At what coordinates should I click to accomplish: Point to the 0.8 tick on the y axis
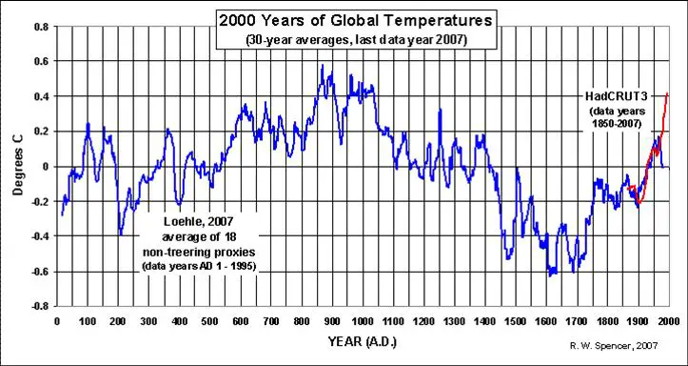pyautogui.click(x=43, y=27)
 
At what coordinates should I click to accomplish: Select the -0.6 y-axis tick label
pyautogui.click(x=41, y=272)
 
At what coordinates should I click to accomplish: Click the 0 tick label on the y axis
pyautogui.click(x=47, y=167)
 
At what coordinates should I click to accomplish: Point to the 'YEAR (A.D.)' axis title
pyautogui.click(x=362, y=341)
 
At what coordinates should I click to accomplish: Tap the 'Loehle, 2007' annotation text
pyautogui.click(x=200, y=223)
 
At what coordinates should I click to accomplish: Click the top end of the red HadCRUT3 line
pyautogui.click(x=667, y=93)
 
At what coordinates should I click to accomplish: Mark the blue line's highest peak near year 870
pyautogui.click(x=323, y=65)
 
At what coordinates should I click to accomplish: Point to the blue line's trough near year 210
pyautogui.click(x=121, y=234)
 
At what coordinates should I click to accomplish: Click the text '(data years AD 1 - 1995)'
pyautogui.click(x=199, y=266)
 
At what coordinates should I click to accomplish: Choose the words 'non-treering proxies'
pyautogui.click(x=200, y=253)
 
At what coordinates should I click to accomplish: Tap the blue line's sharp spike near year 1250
pyautogui.click(x=440, y=110)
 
